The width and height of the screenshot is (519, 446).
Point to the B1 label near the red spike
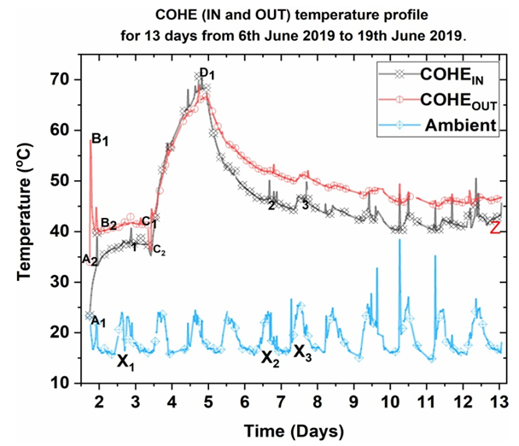click(x=101, y=140)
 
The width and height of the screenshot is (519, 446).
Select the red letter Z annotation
click(x=494, y=228)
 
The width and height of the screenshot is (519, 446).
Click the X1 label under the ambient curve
click(x=125, y=361)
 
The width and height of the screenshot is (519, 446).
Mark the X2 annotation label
click(x=271, y=358)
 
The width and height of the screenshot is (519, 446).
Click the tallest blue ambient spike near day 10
click(x=399, y=241)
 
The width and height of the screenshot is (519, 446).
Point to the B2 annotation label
click(x=109, y=224)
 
